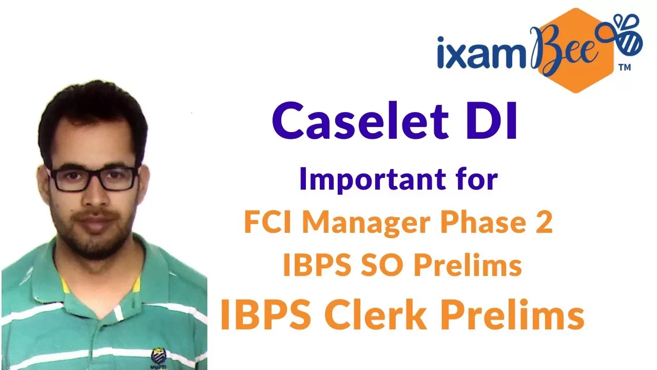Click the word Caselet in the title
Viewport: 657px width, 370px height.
pyautogui.click(x=360, y=120)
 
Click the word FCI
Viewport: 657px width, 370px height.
pyautogui.click(x=267, y=222)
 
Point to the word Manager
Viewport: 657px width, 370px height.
pyautogui.click(x=366, y=224)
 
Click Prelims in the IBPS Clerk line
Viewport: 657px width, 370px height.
pyautogui.click(x=512, y=314)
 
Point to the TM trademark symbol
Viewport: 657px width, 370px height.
pyautogui.click(x=625, y=68)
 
